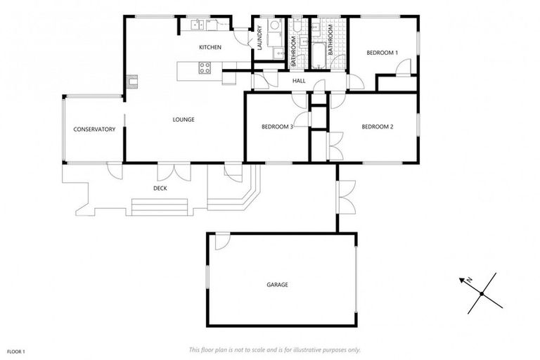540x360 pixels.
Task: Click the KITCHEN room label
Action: pyautogui.click(x=210, y=47)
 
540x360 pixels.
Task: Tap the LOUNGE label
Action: pyautogui.click(x=184, y=120)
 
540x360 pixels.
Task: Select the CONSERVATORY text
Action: pyautogui.click(x=94, y=129)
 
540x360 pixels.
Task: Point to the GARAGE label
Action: pyautogui.click(x=277, y=285)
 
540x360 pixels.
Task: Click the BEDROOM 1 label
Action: pyautogui.click(x=382, y=53)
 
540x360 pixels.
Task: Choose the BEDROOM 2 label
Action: pyautogui.click(x=377, y=127)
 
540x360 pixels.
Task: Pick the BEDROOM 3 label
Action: pyautogui.click(x=277, y=127)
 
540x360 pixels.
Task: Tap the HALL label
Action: pyautogui.click(x=299, y=81)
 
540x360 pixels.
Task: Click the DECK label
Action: pyautogui.click(x=160, y=188)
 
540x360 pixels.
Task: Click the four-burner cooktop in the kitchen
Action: pyautogui.click(x=205, y=68)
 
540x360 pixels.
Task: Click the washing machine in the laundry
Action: pyautogui.click(x=275, y=28)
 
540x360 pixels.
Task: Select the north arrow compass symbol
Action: pyautogui.click(x=481, y=292)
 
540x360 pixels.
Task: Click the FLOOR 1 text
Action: pyautogui.click(x=15, y=350)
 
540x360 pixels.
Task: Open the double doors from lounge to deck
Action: pyautogui.click(x=172, y=170)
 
